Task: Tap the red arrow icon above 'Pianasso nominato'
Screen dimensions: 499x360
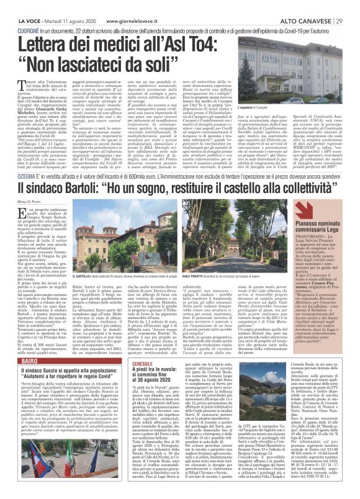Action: (304, 210)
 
